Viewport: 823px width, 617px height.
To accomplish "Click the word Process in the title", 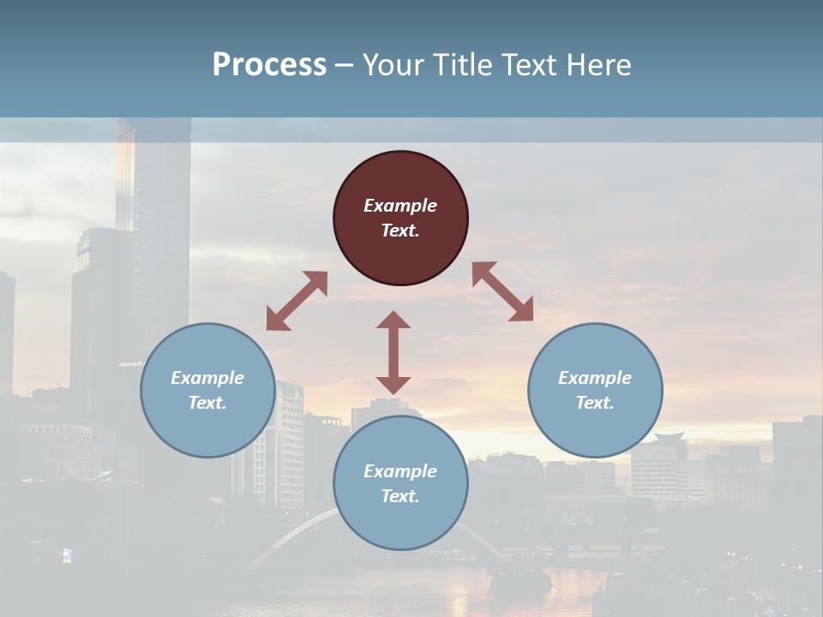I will (269, 65).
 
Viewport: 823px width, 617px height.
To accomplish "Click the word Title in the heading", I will (460, 65).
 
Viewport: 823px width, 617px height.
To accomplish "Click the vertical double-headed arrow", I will (393, 352).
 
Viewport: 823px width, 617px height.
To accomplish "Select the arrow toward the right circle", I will (502, 291).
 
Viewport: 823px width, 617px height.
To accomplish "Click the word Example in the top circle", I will (400, 206).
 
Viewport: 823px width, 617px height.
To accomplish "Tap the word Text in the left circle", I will (207, 403).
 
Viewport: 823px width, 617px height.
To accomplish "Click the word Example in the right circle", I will (595, 378).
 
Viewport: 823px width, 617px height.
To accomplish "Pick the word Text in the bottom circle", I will (400, 496).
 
